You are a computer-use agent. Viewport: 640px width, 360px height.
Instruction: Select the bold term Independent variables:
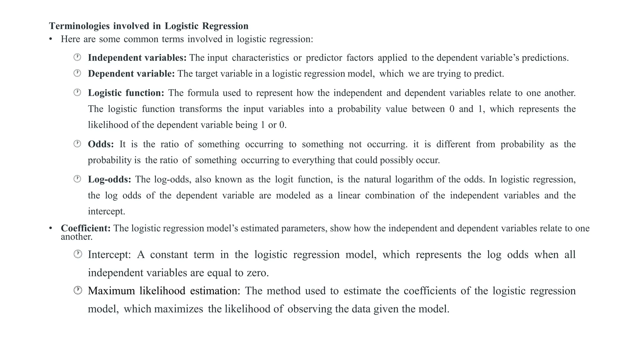click(137, 58)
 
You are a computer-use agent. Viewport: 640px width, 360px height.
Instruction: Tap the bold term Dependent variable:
click(131, 74)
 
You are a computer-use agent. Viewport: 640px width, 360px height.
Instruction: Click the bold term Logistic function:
click(126, 93)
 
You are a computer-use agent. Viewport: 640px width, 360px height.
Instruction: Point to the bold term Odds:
click(101, 144)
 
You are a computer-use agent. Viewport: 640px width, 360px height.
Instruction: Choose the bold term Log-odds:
click(109, 179)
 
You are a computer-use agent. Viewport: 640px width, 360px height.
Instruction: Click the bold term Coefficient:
click(86, 228)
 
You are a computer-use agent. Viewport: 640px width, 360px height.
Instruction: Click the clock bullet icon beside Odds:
click(77, 144)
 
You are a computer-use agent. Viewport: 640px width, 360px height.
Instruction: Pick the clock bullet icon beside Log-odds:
click(77, 179)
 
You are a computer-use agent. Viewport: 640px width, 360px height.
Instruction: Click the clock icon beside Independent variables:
click(77, 57)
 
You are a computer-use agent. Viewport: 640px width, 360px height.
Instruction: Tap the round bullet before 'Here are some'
click(51, 39)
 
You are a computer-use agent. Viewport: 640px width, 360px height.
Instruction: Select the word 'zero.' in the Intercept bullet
click(257, 273)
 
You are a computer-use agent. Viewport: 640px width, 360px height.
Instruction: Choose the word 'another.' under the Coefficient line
click(77, 237)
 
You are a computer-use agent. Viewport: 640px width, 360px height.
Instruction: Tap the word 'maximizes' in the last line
click(178, 309)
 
